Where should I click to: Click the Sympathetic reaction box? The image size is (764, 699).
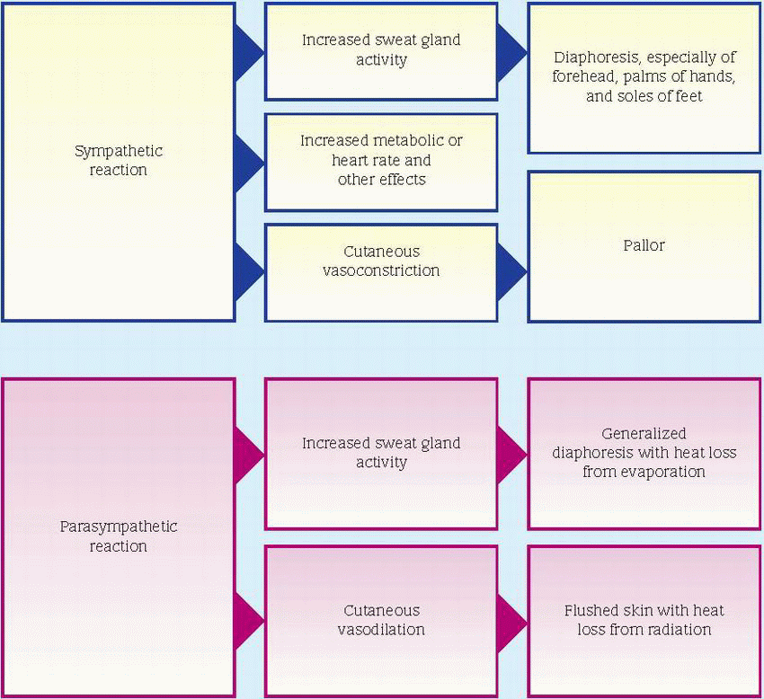119,162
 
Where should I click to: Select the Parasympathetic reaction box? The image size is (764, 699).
119,537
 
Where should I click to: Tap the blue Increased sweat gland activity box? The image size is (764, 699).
381,50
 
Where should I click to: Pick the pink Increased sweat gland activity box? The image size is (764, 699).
381,453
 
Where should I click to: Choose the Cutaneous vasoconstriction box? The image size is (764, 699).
381,261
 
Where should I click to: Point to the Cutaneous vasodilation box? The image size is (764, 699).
381,620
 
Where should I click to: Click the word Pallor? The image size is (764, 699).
644,245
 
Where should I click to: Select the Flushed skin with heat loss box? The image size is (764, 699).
644,620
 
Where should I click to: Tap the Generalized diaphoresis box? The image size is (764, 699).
644,453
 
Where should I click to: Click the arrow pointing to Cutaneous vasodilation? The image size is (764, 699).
248,620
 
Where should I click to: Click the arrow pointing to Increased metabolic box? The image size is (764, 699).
248,162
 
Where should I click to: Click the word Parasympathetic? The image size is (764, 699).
119,526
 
